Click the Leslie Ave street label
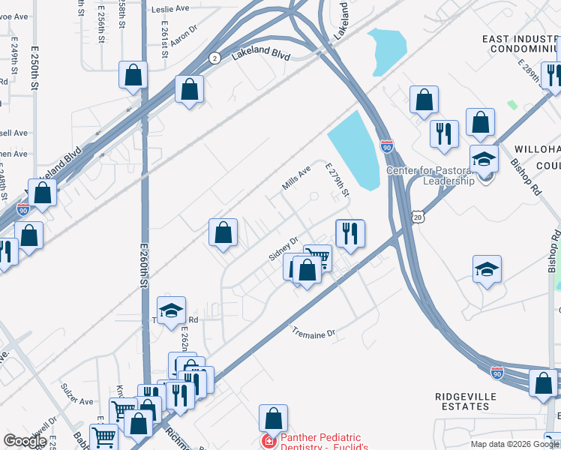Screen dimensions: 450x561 [170, 9]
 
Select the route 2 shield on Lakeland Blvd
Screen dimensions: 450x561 [214, 58]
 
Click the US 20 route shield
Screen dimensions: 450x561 [417, 217]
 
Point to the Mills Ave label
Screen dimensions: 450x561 [296, 178]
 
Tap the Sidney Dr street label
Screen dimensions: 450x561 [283, 248]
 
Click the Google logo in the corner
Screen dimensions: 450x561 [25, 440]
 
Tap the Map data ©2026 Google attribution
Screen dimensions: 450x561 [514, 444]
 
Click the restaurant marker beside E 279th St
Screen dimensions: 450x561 [349, 233]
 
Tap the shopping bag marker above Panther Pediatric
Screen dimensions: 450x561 [273, 418]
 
